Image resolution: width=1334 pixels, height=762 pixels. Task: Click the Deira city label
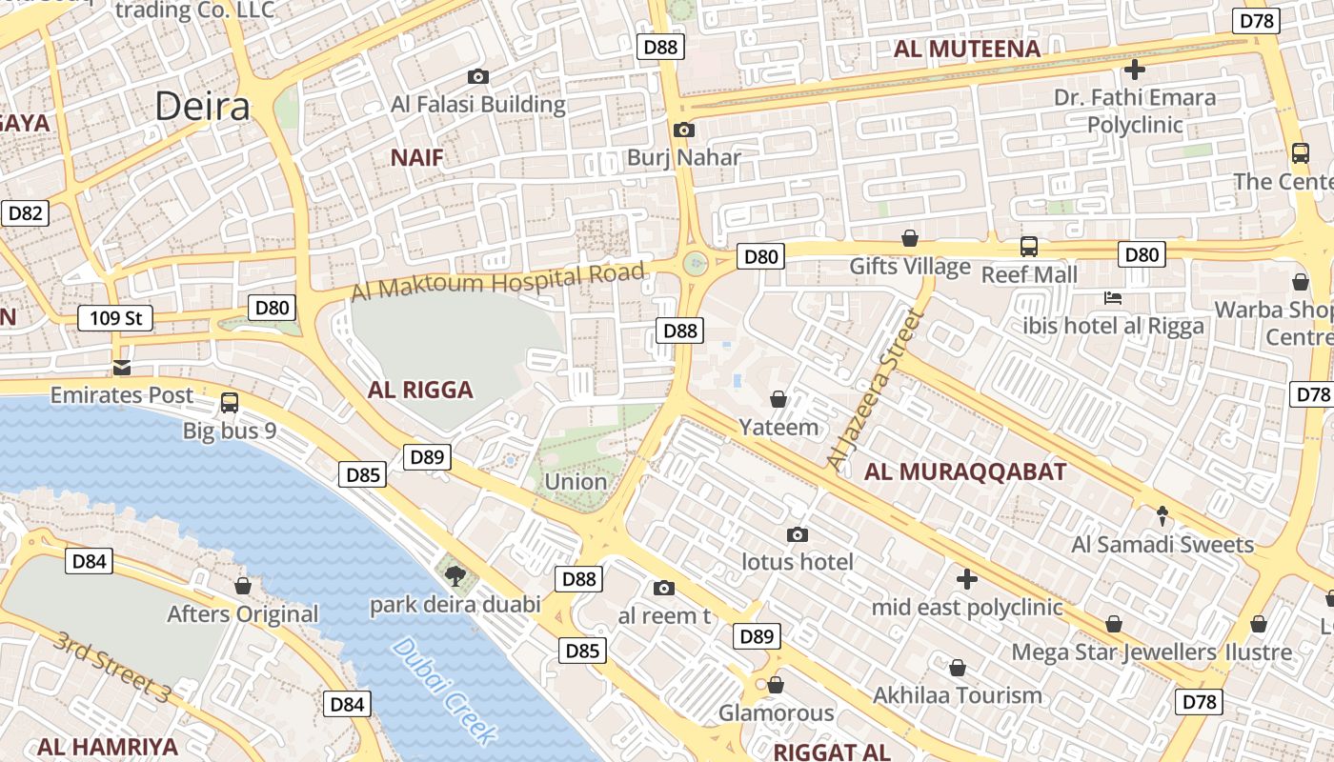202,107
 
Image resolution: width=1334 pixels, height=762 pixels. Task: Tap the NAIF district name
417,158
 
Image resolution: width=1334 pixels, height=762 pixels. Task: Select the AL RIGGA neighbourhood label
420,390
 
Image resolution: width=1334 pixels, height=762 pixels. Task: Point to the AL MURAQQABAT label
965,471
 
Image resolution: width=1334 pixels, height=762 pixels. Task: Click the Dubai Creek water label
444,691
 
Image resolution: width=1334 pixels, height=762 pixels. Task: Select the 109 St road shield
115,317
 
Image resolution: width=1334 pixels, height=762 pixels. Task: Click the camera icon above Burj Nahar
683,130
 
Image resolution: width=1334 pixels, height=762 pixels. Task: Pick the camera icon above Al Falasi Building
478,77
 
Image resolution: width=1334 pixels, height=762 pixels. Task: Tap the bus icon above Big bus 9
230,403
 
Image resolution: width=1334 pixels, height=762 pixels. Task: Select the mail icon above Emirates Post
121,368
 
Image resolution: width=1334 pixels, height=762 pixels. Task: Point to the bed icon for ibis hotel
1112,298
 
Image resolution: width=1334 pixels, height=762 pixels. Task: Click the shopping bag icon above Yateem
778,399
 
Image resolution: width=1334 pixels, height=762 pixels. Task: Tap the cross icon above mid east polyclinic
967,579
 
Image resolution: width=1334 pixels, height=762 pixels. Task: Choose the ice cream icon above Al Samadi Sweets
1162,516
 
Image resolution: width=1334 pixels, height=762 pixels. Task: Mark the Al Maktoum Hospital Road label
497,282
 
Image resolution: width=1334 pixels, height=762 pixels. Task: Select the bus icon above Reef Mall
1029,247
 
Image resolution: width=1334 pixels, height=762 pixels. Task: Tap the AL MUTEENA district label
967,50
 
